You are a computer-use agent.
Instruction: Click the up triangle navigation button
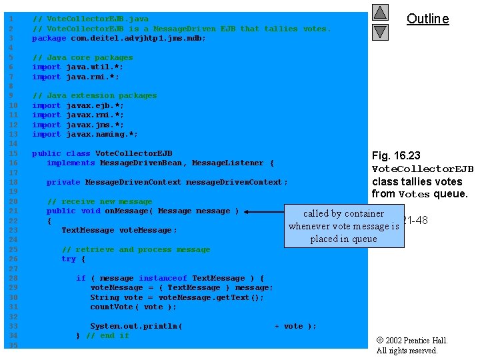coord(380,12)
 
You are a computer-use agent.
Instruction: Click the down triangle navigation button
coord(380,31)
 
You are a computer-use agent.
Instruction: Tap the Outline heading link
coord(427,19)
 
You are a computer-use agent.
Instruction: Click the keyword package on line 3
coord(49,39)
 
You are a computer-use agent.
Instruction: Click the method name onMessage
coord(127,211)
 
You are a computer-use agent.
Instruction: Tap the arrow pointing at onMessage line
coord(264,212)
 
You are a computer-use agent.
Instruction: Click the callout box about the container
coord(344,226)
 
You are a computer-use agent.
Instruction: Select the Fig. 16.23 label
coord(396,156)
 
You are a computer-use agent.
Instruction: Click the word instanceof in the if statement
coord(163,279)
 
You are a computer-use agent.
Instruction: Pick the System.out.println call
coord(136,327)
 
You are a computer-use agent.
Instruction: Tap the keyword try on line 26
coord(68,259)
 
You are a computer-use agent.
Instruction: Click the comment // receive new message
coord(99,201)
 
